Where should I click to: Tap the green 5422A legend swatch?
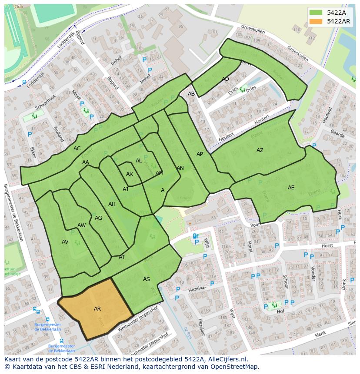pyautogui.click(x=316, y=13)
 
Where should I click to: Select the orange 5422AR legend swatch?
pyautogui.click(x=316, y=21)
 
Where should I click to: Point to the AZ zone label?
pyautogui.click(x=260, y=150)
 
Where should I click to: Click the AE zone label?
pyautogui.click(x=291, y=188)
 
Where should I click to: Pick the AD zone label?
pyautogui.click(x=225, y=79)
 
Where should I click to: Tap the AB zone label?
pyautogui.click(x=191, y=94)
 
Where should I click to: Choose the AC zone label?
pyautogui.click(x=77, y=149)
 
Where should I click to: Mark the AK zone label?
pyautogui.click(x=130, y=174)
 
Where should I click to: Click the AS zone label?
pyautogui.click(x=147, y=279)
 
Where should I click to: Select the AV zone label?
pyautogui.click(x=65, y=242)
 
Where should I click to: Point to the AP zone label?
pyautogui.click(x=200, y=154)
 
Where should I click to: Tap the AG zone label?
pyautogui.click(x=99, y=218)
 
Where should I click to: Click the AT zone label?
pyautogui.click(x=122, y=257)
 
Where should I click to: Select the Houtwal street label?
pyautogui.click(x=327, y=116)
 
